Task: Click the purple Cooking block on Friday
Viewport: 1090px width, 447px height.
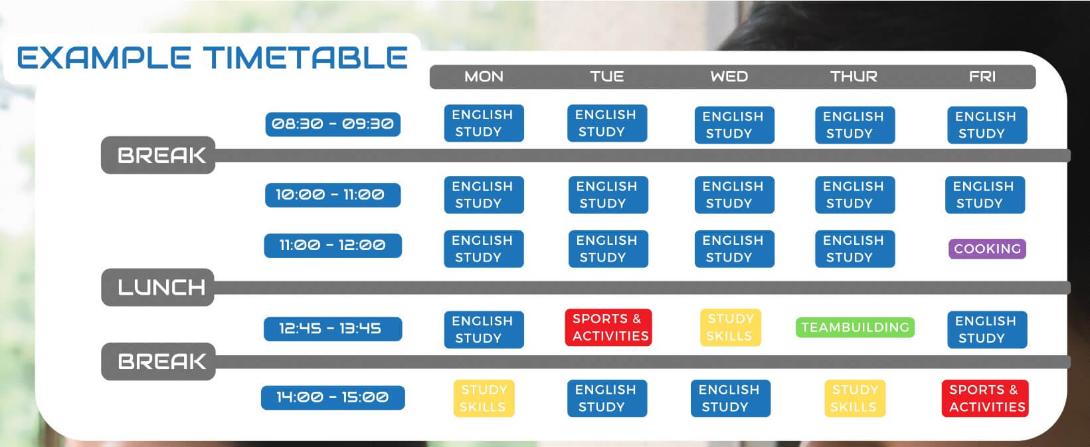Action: (x=987, y=249)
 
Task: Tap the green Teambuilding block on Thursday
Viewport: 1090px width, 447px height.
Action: (x=855, y=327)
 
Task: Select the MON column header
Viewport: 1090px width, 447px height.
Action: (x=484, y=76)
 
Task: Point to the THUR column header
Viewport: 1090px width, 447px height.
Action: (x=854, y=76)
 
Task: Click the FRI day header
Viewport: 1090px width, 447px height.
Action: (x=982, y=76)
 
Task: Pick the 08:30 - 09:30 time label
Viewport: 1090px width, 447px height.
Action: (x=333, y=124)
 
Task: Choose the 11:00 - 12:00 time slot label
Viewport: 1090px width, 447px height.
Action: (x=333, y=245)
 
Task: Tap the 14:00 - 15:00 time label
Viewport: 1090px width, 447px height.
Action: (x=333, y=397)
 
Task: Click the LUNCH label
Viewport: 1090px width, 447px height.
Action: (x=158, y=287)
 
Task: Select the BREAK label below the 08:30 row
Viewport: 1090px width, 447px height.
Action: (x=158, y=155)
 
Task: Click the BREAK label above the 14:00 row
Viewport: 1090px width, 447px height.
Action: (x=158, y=361)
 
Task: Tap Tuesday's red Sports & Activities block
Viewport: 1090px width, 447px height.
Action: (x=608, y=327)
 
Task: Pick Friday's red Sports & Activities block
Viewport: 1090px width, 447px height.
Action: (x=985, y=398)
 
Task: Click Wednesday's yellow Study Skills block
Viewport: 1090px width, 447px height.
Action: (x=731, y=327)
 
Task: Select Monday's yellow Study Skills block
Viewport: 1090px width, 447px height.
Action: (x=484, y=398)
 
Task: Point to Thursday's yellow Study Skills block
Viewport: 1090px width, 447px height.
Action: (x=855, y=398)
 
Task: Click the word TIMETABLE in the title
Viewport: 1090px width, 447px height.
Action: (x=305, y=57)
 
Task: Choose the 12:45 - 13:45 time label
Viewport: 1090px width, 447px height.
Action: (x=333, y=329)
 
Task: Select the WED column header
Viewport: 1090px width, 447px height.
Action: (x=729, y=76)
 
